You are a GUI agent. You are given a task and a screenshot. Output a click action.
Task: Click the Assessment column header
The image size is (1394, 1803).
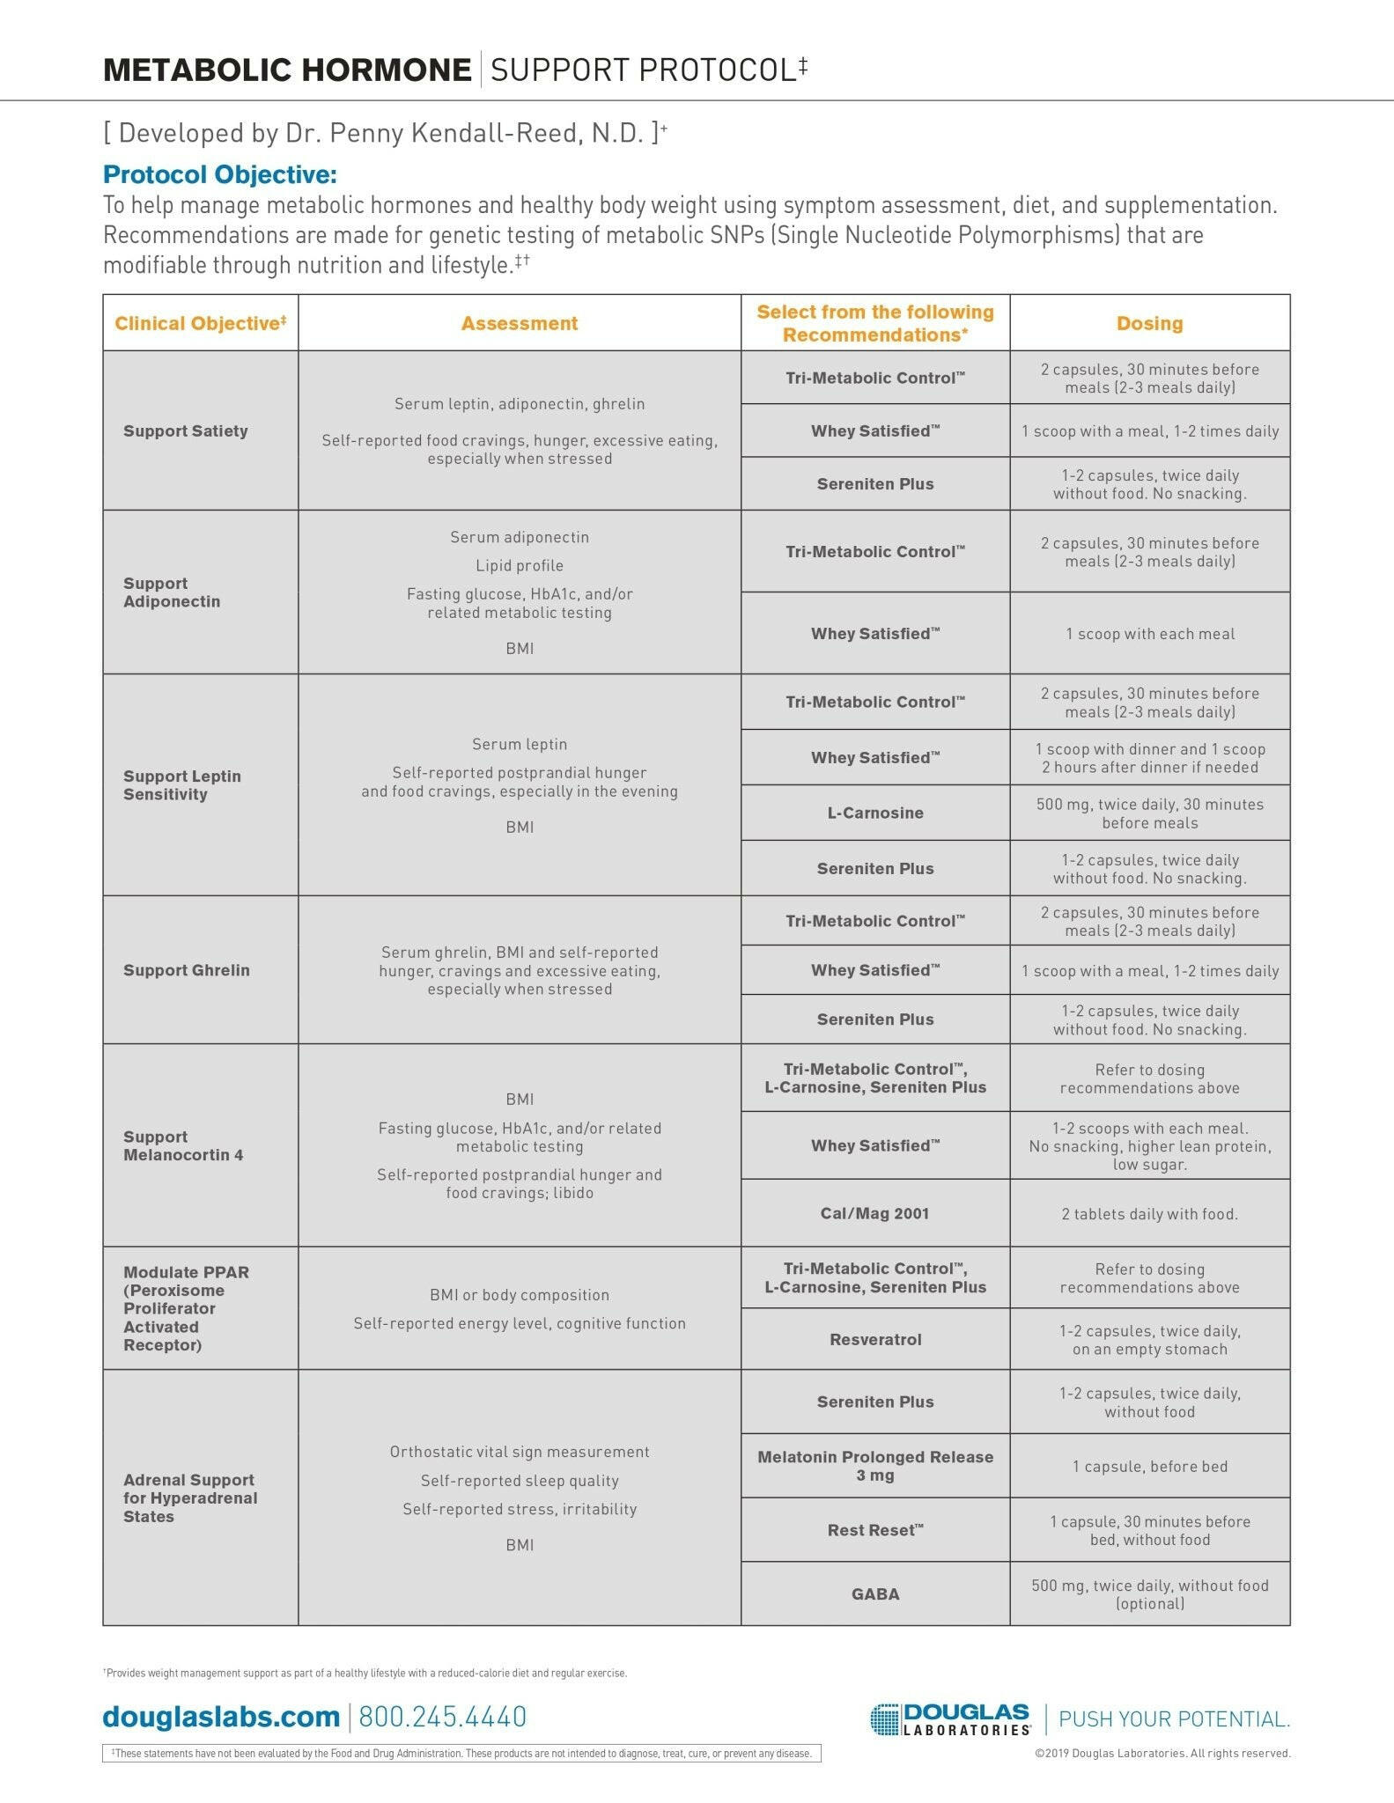coord(520,323)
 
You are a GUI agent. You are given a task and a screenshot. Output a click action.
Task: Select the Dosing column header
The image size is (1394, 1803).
coord(1149,323)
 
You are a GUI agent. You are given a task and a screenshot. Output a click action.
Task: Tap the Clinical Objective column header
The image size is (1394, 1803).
coord(201,323)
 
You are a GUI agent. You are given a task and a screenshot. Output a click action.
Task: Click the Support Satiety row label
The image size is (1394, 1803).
coord(186,431)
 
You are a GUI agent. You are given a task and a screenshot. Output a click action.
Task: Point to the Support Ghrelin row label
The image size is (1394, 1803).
coord(187,970)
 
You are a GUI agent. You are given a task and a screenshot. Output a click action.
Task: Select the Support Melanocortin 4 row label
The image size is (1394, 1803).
coord(183,1145)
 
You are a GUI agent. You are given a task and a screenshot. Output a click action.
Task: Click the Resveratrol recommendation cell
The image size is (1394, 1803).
coord(875,1339)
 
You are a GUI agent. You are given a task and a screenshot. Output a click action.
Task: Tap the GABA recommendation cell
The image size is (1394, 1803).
coord(875,1593)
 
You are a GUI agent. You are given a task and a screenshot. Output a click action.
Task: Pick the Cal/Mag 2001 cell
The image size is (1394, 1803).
coord(874,1213)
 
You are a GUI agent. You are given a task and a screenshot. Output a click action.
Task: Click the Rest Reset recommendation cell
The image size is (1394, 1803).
coord(875,1530)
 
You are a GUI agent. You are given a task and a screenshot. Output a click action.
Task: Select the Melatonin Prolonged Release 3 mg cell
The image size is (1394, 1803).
coord(875,1466)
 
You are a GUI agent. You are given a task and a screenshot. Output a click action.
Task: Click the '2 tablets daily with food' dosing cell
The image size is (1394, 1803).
coord(1149,1214)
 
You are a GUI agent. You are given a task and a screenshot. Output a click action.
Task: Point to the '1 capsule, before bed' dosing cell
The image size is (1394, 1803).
coord(1149,1466)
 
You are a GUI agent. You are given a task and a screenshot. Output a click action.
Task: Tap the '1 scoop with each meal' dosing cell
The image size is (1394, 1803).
coord(1149,634)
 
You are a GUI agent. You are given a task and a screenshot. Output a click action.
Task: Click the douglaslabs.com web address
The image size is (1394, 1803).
coord(221,1716)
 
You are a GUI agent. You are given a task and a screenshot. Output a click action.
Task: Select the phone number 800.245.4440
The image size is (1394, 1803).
coord(442,1716)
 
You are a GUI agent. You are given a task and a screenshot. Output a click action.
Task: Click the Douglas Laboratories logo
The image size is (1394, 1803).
coord(950,1718)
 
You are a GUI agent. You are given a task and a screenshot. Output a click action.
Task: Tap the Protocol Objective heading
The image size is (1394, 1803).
coord(220,174)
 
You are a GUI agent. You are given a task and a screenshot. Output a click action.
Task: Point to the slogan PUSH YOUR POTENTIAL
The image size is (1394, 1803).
coord(1174,1718)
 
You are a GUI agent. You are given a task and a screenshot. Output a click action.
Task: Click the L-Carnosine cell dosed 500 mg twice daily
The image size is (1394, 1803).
coord(875,813)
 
